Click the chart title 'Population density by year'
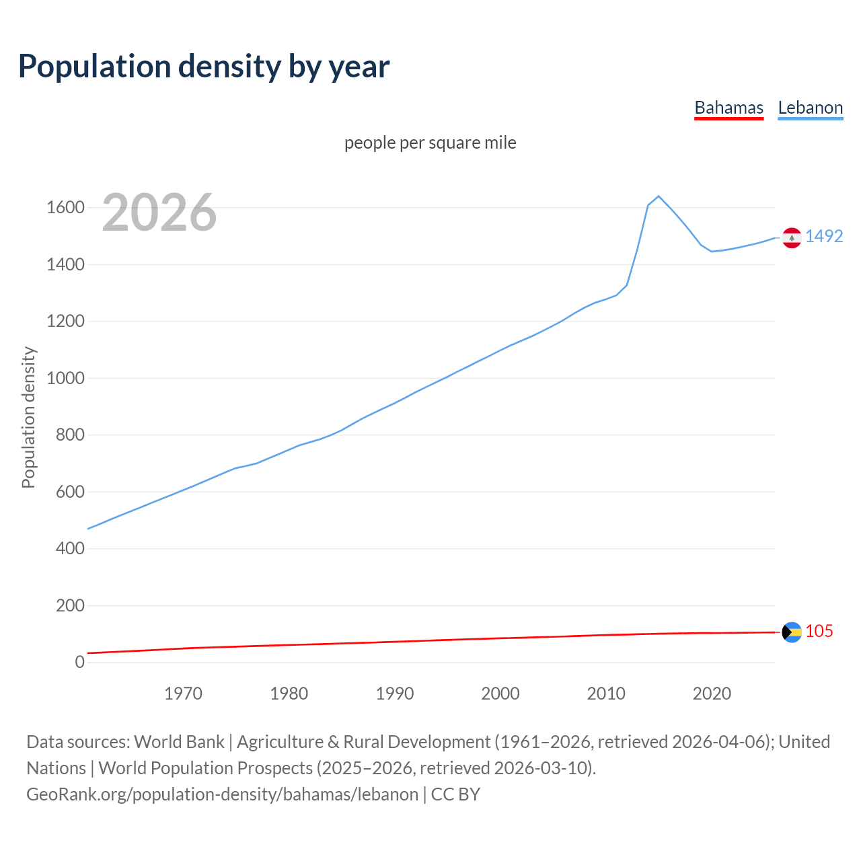(204, 67)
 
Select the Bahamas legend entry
(728, 108)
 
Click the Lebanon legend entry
(810, 108)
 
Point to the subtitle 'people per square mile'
(430, 143)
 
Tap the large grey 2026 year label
(159, 213)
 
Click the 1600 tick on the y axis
(65, 207)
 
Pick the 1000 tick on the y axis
(65, 378)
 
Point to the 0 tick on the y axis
(80, 662)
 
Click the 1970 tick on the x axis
(183, 694)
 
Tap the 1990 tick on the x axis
(395, 694)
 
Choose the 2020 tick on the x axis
(712, 694)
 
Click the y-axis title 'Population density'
(28, 417)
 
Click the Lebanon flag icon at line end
(792, 237)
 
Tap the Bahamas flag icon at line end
(792, 632)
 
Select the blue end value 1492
(824, 236)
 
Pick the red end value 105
(819, 631)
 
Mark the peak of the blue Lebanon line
(659, 196)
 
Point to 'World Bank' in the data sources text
(179, 742)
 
